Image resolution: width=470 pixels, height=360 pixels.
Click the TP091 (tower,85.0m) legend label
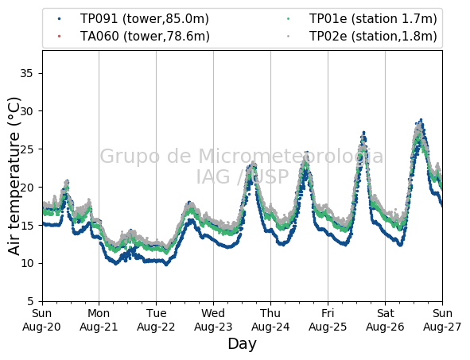(x=145, y=19)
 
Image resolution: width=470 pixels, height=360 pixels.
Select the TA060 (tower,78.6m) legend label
(x=145, y=37)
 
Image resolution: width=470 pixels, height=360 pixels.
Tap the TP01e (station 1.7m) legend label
(x=373, y=19)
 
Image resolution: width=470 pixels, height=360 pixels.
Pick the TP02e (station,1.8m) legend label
(x=373, y=37)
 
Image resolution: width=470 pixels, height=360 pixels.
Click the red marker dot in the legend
(x=60, y=37)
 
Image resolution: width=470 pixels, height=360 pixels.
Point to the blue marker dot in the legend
(x=60, y=19)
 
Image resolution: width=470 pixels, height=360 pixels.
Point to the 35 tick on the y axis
(x=26, y=73)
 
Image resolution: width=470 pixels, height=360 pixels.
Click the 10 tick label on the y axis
(x=26, y=263)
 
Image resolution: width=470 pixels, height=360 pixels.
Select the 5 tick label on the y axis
(x=30, y=301)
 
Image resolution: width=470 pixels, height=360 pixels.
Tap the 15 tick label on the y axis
(x=26, y=225)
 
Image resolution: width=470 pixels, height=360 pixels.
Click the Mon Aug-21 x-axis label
(x=99, y=320)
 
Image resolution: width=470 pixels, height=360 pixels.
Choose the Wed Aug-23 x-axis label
(x=213, y=320)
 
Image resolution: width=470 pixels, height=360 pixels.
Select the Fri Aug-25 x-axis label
(x=328, y=320)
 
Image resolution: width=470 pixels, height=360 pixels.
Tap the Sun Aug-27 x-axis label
(x=442, y=320)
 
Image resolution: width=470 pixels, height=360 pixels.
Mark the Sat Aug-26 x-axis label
(x=385, y=320)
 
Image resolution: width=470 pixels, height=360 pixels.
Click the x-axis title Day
(x=243, y=344)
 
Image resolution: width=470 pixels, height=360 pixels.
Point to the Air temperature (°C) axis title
(x=14, y=176)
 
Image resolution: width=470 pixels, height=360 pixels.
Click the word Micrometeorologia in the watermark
(x=290, y=156)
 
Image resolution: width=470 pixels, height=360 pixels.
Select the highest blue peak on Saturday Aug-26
(x=421, y=119)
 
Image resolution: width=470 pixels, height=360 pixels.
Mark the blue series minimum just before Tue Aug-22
(x=167, y=265)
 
